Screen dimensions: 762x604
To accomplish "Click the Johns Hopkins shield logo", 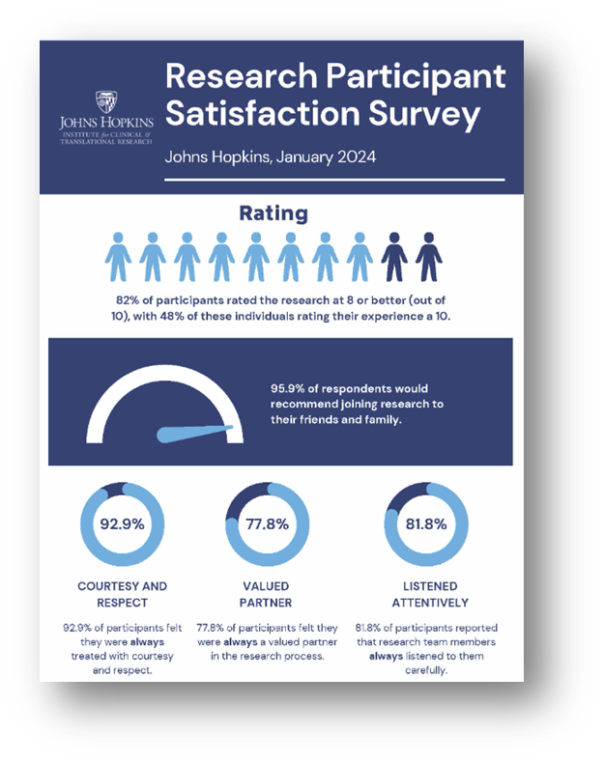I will click(107, 102).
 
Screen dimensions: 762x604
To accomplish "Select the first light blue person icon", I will click(117, 256).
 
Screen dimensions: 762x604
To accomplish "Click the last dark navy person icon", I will click(428, 256).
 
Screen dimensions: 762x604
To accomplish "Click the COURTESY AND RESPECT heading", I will click(122, 594).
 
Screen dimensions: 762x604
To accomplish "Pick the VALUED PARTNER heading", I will click(267, 594).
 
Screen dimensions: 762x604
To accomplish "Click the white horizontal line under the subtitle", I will click(334, 179).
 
